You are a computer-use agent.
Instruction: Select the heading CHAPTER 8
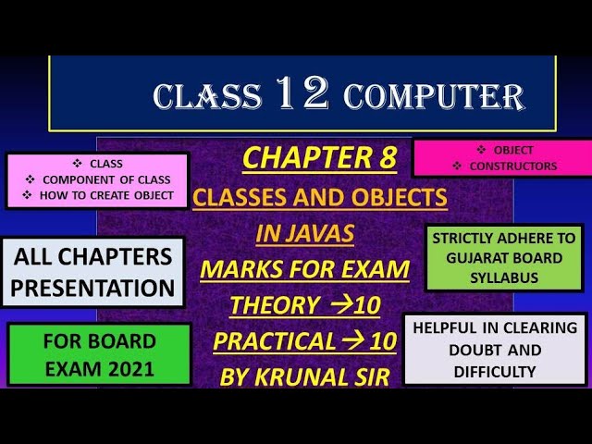[x=319, y=159]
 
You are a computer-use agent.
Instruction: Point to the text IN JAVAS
[x=304, y=234]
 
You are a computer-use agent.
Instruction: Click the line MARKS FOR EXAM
[x=304, y=270]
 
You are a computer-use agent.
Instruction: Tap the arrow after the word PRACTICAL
[x=354, y=341]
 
